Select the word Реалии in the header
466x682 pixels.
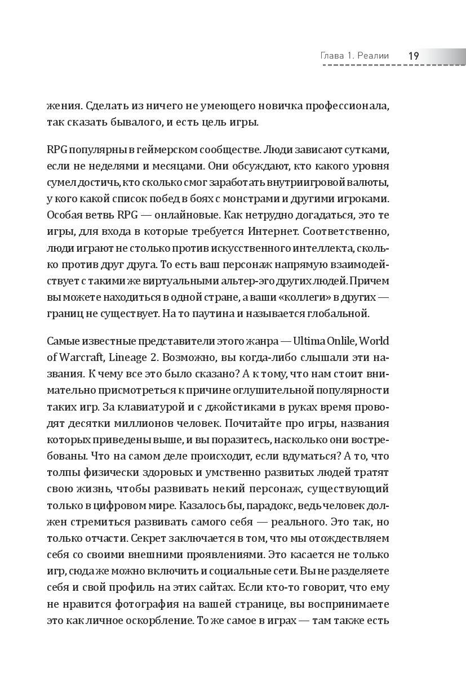click(381, 56)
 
